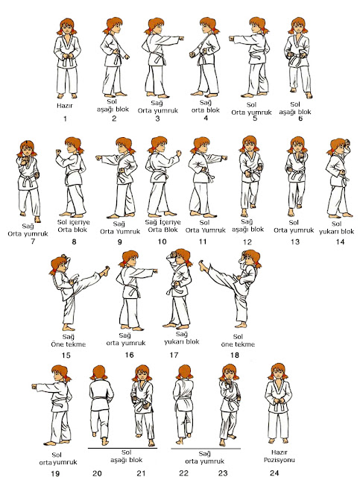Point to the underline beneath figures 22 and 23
tap(206, 449)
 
